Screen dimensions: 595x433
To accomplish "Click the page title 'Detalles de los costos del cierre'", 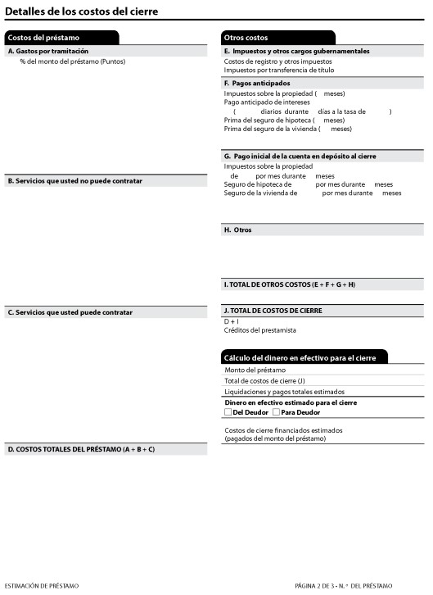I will click(x=82, y=11).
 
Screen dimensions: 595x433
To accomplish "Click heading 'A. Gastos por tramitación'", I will click(x=47, y=51).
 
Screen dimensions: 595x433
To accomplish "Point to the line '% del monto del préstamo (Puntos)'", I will click(x=73, y=61).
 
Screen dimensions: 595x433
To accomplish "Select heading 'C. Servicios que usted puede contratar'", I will click(x=70, y=312).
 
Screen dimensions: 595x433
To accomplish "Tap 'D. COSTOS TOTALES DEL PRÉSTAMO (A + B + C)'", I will click(x=81, y=449).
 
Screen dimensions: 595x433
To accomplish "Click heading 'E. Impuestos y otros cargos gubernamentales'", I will click(x=296, y=51).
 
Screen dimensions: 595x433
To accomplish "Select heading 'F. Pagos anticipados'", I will click(x=257, y=83).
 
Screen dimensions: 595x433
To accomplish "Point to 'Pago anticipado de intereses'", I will click(x=267, y=102).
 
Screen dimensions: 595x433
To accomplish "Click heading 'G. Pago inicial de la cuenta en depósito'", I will click(x=300, y=156).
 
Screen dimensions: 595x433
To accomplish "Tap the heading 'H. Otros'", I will click(x=238, y=230).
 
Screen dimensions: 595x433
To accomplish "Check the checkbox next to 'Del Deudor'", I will click(x=228, y=412).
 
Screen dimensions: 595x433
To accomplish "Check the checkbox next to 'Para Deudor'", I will click(x=276, y=412).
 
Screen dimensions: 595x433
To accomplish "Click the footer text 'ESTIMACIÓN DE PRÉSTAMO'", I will click(x=42, y=586).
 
